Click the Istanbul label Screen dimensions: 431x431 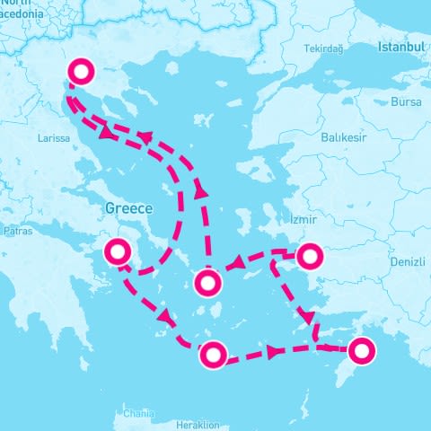pos(400,46)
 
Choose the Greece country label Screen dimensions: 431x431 pos(129,207)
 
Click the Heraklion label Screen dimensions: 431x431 pos(198,425)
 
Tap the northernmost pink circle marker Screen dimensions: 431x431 pos(82,72)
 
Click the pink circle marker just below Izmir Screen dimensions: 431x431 pos(309,257)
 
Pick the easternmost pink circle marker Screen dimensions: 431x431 pos(362,350)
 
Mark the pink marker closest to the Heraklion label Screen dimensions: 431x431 pos(213,355)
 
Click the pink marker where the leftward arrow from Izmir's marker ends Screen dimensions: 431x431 pos(207,285)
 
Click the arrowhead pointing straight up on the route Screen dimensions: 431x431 pos(200,191)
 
